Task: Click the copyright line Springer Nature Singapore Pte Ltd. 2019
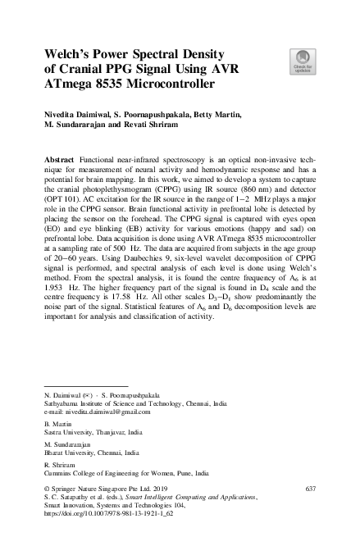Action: point(114,489)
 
